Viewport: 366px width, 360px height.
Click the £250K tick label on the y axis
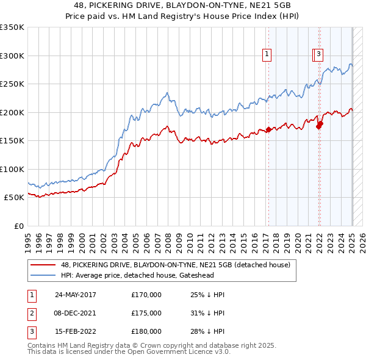[x=12, y=84]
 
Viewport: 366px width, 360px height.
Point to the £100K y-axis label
[x=12, y=169]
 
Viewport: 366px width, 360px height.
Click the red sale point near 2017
[x=269, y=130]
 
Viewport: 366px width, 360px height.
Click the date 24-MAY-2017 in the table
[x=75, y=295]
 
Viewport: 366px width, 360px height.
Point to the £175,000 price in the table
[x=146, y=313]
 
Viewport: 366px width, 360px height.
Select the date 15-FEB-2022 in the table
[x=75, y=331]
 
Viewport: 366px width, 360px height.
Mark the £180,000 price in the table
[x=146, y=331]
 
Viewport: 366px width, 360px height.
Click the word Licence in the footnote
[x=193, y=351]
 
